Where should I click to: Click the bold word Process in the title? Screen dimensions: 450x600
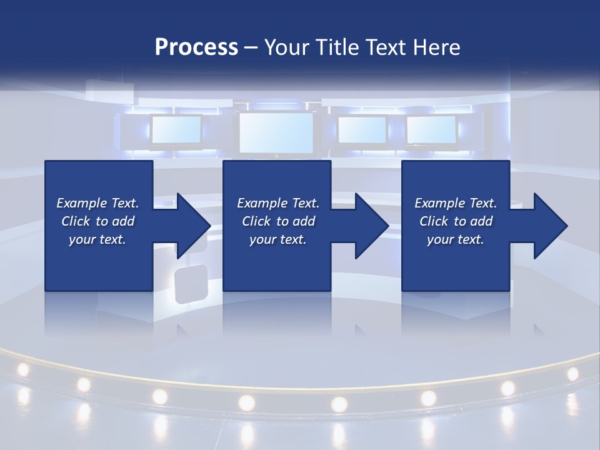(x=196, y=47)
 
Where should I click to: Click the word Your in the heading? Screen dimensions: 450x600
(x=287, y=47)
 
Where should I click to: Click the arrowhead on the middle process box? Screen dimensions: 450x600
(x=371, y=226)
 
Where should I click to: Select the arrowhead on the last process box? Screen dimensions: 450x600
(x=550, y=226)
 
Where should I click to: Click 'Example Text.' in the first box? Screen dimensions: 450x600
(x=97, y=203)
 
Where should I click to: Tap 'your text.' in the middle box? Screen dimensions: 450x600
(x=277, y=239)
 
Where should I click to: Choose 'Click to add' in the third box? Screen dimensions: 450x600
(x=456, y=221)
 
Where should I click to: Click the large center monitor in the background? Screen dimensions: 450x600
(x=276, y=132)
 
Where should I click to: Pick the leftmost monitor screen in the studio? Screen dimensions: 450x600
(x=176, y=130)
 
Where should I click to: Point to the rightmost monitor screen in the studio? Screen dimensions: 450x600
(x=431, y=129)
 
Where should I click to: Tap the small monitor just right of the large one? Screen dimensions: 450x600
(x=362, y=129)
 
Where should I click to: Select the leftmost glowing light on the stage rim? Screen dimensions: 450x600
(x=23, y=369)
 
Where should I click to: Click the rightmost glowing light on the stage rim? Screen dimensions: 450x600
(x=572, y=374)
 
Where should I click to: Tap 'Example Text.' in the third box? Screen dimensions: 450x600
(x=456, y=203)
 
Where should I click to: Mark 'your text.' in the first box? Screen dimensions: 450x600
(x=97, y=239)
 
